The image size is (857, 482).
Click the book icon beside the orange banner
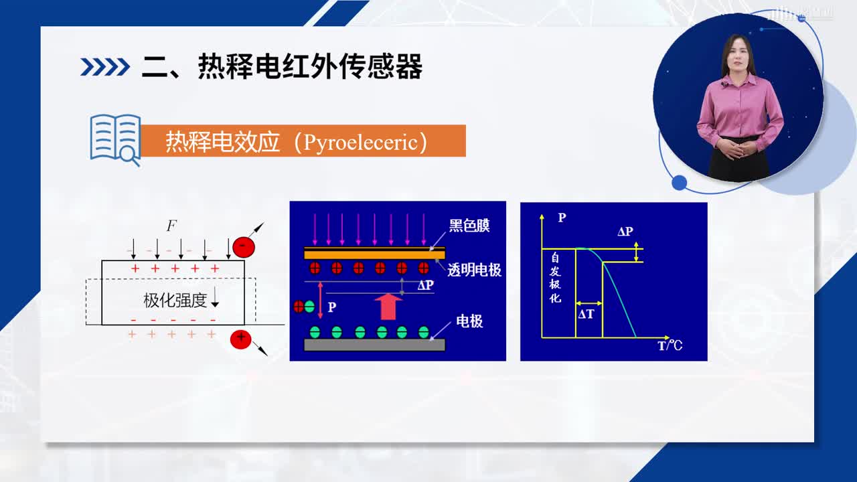[x=115, y=139]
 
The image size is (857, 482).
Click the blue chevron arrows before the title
[x=105, y=67]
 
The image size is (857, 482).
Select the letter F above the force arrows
[x=171, y=226]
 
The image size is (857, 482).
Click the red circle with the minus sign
[x=244, y=247]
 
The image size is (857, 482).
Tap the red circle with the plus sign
[x=240, y=339]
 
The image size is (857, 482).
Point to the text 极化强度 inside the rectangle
[x=175, y=301]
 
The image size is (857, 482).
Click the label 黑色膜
[x=469, y=226]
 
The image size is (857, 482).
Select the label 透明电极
[x=474, y=270]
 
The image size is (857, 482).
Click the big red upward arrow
[x=388, y=306]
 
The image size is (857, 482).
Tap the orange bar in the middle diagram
[x=374, y=253]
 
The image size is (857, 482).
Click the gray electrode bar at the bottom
[x=374, y=345]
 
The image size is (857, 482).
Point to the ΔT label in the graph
[x=586, y=315]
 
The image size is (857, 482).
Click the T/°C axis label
[x=670, y=346]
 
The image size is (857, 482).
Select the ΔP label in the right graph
[x=625, y=232]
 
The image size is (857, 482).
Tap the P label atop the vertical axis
[x=562, y=218]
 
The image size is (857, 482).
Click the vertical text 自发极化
[x=555, y=278]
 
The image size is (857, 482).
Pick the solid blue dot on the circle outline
[x=679, y=183]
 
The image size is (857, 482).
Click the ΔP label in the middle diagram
[x=425, y=285]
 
